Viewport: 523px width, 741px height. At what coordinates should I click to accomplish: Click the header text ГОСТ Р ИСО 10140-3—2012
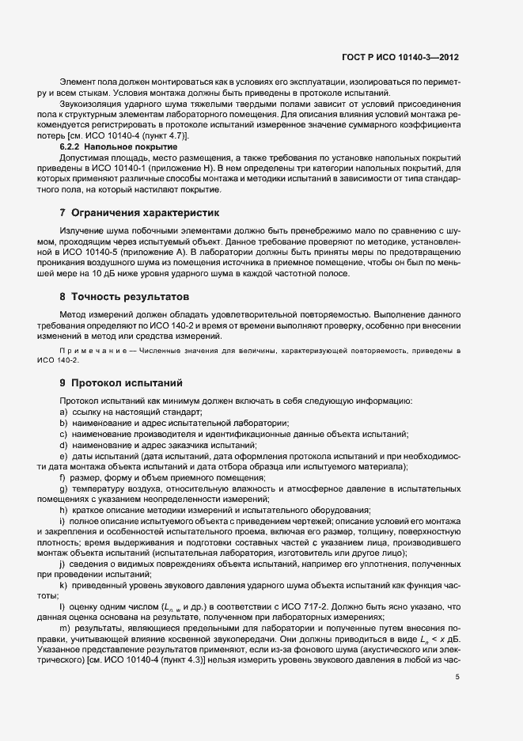[408, 57]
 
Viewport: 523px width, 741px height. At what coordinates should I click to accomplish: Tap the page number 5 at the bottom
[457, 677]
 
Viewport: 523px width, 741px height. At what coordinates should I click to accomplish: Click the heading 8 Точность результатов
[124, 297]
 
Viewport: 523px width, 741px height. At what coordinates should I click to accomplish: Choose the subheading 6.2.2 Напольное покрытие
[113, 147]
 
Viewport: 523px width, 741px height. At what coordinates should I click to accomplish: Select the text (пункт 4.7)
[162, 136]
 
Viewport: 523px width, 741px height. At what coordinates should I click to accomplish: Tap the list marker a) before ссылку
[63, 412]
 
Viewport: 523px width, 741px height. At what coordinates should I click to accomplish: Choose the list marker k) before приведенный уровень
[63, 584]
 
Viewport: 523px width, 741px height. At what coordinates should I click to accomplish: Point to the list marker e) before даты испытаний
[63, 456]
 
